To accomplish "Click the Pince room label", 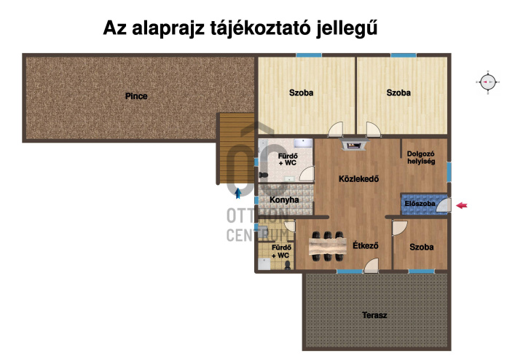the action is coord(136,96).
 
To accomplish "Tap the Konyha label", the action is coord(284,200).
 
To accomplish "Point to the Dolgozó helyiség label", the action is coord(421,157).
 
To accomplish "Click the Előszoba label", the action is coord(420,204).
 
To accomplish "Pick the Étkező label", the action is coord(366,245).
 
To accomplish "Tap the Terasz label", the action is coord(374,315).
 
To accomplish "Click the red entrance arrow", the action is coord(462,205).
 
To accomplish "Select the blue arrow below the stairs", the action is coord(237,194).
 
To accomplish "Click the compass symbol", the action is coord(488,82).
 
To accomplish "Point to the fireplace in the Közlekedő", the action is coord(354,144).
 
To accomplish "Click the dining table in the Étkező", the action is coord(328,247).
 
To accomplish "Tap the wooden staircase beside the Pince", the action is coord(237,149).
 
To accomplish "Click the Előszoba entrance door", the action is coord(444,205).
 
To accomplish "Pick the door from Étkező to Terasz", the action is coord(371,265).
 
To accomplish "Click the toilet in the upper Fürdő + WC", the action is coord(263,175).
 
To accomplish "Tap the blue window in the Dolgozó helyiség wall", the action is coord(449,172).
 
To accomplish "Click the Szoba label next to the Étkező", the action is coord(421,247).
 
